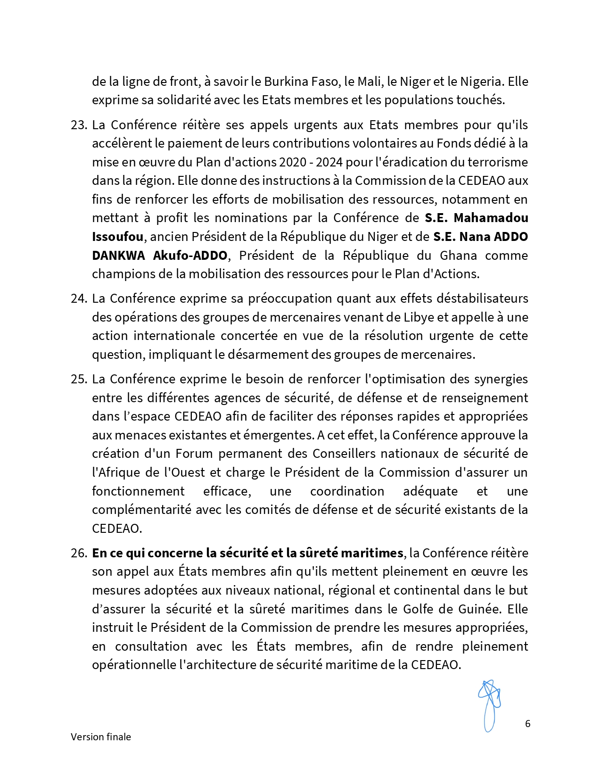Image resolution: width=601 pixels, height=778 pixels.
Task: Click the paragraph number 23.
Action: pos(79,125)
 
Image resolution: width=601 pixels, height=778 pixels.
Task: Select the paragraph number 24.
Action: pos(79,298)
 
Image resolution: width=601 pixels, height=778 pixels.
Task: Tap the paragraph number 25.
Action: pos(79,379)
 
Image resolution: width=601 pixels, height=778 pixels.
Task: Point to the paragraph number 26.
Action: pos(79,553)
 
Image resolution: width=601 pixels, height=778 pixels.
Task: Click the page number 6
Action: pos(527,724)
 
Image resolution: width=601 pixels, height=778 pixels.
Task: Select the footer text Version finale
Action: pos(101,737)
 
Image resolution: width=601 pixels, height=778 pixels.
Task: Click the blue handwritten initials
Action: pos(489,705)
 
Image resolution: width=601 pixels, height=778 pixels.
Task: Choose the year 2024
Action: pos(329,162)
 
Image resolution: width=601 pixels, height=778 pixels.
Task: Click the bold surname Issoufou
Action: pos(117,237)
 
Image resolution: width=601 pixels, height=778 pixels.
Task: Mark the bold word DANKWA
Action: pos(119,256)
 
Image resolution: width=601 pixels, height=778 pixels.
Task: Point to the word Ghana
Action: pos(458,256)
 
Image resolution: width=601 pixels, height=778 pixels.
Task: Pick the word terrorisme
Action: pos(498,162)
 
